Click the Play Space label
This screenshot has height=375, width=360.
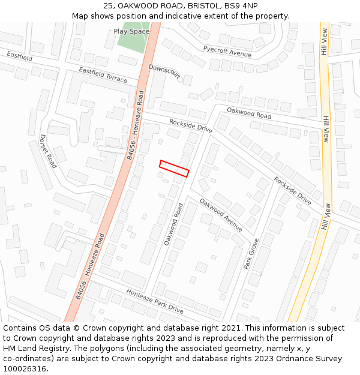pyautogui.click(x=131, y=31)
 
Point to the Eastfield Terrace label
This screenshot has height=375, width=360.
pyautogui.click(x=103, y=75)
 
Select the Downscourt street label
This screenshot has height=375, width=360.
pyautogui.click(x=164, y=72)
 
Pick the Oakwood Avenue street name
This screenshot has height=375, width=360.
pyautogui.click(x=221, y=215)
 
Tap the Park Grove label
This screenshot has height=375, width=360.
pyautogui.click(x=251, y=253)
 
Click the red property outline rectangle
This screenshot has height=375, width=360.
pyautogui.click(x=174, y=169)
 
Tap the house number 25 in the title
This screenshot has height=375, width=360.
pyautogui.click(x=108, y=6)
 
